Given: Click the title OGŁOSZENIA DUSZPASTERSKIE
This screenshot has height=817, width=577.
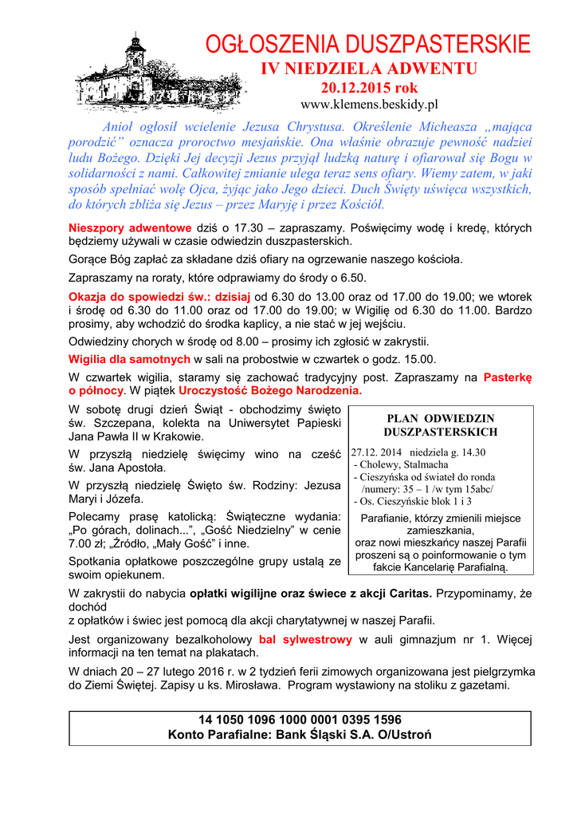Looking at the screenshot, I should click(367, 45).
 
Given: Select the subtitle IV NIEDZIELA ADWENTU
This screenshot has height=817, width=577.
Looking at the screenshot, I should click(369, 69).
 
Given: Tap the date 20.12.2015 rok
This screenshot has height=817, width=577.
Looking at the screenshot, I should click(369, 88).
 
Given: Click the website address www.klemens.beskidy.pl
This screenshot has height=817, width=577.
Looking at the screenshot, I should click(369, 105).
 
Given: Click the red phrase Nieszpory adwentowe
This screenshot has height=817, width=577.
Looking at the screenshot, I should click(130, 227).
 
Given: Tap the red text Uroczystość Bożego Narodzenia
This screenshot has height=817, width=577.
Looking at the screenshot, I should click(270, 391).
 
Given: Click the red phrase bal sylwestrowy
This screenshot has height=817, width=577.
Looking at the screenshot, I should click(305, 640).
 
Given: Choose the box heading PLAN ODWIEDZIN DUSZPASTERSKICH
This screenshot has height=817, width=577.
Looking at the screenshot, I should click(440, 425).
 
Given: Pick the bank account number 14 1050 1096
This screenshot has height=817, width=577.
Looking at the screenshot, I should click(300, 720).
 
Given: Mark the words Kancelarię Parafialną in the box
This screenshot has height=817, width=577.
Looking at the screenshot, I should click(463, 567).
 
